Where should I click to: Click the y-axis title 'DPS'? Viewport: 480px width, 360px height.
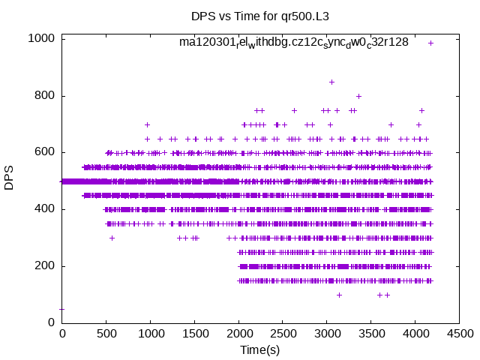click(x=10, y=180)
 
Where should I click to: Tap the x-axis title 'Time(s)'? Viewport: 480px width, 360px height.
click(x=260, y=349)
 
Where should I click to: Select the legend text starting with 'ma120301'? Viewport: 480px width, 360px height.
click(x=293, y=42)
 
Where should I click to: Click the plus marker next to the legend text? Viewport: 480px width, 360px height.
click(x=430, y=43)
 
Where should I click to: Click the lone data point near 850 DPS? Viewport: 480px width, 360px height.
click(x=331, y=82)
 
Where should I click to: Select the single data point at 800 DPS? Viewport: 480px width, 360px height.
click(x=358, y=96)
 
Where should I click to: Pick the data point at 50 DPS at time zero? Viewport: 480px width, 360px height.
click(x=61, y=309)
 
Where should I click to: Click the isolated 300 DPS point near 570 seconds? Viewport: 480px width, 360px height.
click(x=112, y=238)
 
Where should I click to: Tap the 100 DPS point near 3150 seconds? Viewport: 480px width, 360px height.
click(x=339, y=295)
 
